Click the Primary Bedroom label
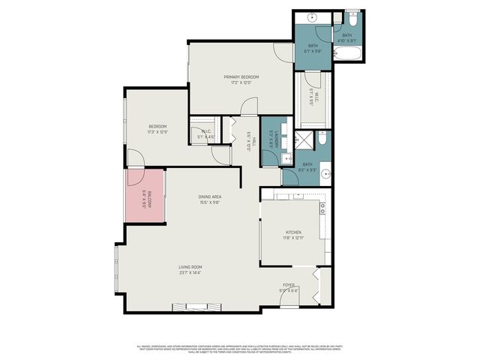pos(241,77)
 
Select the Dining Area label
pos(210,196)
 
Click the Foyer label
pos(288,285)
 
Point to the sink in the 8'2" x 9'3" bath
pos(325,174)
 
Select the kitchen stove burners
pos(322,206)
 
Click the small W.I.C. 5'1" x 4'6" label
pos(205,134)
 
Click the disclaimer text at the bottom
pos(240,349)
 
